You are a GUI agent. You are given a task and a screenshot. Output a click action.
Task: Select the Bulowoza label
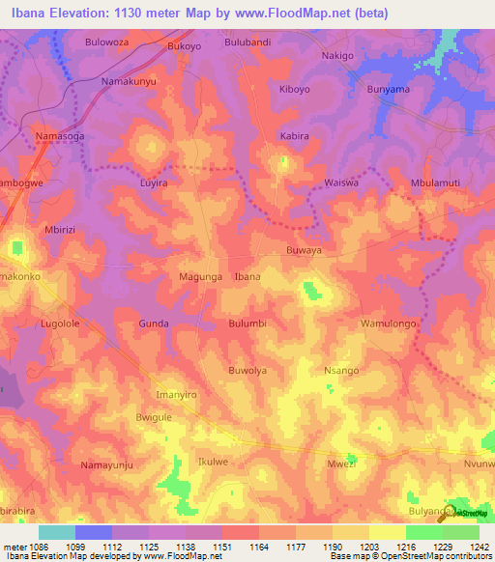[x=107, y=43]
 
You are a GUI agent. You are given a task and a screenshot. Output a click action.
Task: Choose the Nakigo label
[x=337, y=56]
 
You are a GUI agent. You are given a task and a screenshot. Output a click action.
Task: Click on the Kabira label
[x=294, y=136]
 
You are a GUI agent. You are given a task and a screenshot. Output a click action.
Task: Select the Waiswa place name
[x=341, y=183]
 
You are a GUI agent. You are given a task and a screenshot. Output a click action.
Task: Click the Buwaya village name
[x=304, y=248]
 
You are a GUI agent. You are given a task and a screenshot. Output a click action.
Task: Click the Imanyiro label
[x=177, y=395]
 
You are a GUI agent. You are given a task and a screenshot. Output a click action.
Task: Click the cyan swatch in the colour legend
[x=57, y=532]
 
